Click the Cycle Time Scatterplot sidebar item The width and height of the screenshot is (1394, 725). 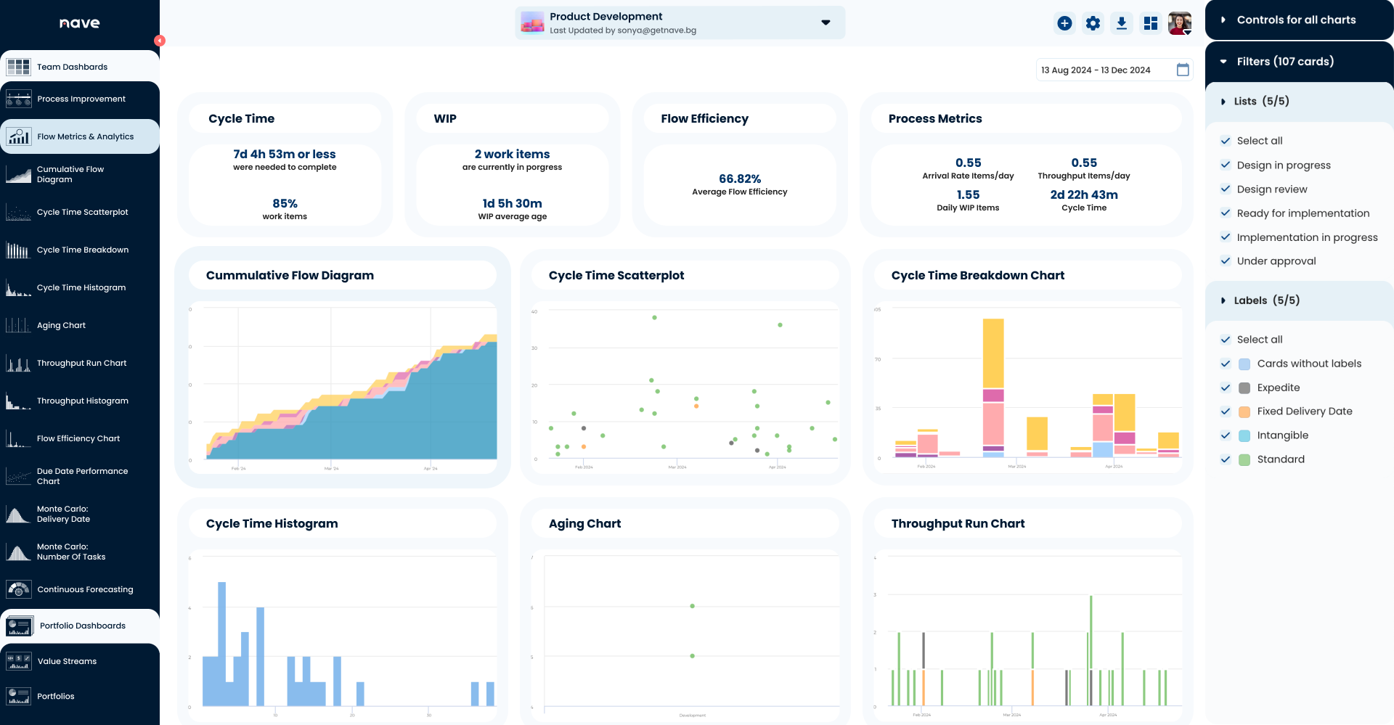82,212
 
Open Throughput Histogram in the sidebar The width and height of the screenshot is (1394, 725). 82,401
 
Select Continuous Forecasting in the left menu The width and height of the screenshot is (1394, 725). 85,589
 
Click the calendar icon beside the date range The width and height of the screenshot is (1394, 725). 1183,70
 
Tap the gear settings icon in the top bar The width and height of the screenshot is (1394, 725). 1093,23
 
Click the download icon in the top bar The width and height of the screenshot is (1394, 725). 1122,23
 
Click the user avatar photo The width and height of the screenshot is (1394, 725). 1179,23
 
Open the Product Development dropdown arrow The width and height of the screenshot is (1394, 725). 826,22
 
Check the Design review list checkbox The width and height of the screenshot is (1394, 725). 1226,189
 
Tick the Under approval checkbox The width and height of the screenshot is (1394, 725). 1226,261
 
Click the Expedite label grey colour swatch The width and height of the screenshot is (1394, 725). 1244,388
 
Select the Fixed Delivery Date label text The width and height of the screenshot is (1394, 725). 1304,411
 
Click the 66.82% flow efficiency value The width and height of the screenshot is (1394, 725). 739,179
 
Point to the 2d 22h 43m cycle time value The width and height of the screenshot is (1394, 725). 1083,194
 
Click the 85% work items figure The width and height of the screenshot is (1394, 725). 285,203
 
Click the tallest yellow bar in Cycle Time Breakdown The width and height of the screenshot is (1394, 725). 993,353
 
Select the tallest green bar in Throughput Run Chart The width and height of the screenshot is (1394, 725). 1091,650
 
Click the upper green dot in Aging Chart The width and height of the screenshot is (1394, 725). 692,606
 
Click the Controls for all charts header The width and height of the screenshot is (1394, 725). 1296,20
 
